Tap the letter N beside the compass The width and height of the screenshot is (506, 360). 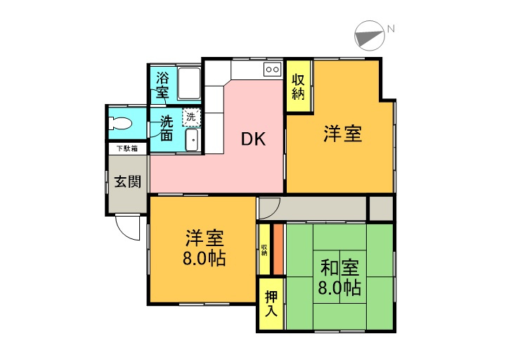tap(391, 29)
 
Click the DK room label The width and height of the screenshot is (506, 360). tap(253, 139)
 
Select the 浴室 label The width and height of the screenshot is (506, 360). tap(162, 84)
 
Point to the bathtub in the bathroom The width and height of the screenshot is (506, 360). tap(188, 84)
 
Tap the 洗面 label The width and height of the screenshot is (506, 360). tap(166, 127)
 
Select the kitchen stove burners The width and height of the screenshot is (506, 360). tap(272, 69)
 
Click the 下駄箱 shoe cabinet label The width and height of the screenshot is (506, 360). tap(126, 148)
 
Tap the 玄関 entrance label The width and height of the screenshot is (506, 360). tap(127, 181)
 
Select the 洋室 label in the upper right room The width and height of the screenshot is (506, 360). tap(342, 134)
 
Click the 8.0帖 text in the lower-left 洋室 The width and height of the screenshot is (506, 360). tap(205, 258)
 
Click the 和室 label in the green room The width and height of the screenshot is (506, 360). tap(340, 268)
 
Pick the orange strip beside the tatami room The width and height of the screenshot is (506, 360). tap(278, 249)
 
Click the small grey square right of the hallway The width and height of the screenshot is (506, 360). tap(381, 208)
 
